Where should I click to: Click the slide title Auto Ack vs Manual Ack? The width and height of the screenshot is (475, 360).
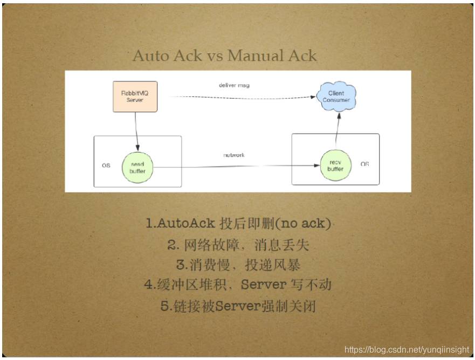pos(225,56)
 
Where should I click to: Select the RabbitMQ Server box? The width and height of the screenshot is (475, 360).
pos(135,96)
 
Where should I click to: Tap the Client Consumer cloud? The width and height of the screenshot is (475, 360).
pos(336,97)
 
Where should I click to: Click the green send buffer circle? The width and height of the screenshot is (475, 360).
pos(137,167)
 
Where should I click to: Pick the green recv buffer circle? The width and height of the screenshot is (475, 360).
pos(335,165)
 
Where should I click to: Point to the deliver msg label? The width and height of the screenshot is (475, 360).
pos(234,85)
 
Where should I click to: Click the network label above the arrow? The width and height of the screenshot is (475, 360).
pos(234,155)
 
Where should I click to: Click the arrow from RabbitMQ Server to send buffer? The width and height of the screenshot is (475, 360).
pos(136,131)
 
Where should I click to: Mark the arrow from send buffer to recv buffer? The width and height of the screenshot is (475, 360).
pos(232,167)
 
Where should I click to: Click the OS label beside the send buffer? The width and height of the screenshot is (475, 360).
pos(106,165)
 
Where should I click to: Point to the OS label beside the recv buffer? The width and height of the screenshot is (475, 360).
pos(365,164)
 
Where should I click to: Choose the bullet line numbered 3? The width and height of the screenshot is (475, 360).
pos(238,265)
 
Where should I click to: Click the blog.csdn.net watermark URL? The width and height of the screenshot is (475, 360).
pos(407,350)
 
